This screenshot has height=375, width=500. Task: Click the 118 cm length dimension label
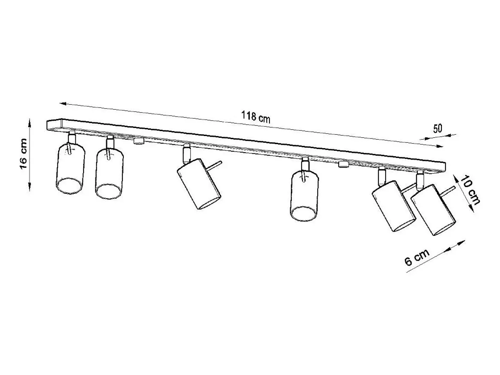click(x=256, y=117)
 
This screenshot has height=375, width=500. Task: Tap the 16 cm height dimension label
click(x=24, y=154)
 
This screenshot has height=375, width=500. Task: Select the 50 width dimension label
click(x=437, y=128)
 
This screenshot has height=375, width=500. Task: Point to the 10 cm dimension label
click(x=470, y=190)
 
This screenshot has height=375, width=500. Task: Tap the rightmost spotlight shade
click(x=433, y=210)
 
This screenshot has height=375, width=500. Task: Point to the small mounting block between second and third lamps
click(x=139, y=141)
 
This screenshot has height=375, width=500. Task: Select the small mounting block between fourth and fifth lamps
click(x=344, y=164)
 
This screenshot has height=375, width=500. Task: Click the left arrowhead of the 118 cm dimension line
click(x=63, y=104)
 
